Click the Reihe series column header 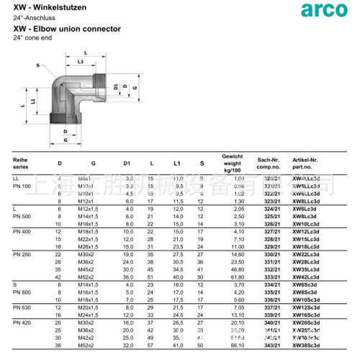[21, 161]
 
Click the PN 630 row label [22, 308]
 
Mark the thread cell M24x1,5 [89, 315]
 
